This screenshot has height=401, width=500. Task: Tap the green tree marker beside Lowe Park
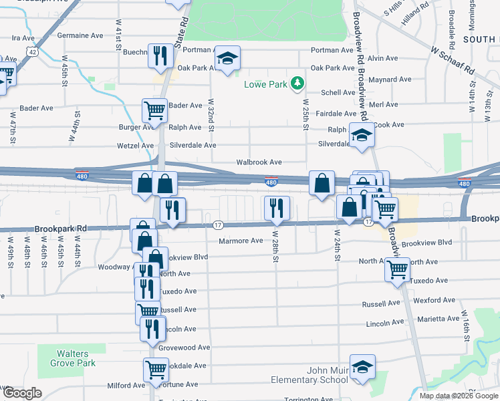(297, 84)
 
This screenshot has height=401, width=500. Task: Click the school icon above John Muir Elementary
(362, 367)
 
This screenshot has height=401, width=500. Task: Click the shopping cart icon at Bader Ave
(154, 111)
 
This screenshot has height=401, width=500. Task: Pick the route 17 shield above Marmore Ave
(218, 225)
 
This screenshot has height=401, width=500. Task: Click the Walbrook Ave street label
(259, 162)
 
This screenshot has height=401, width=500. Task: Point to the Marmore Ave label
(240, 241)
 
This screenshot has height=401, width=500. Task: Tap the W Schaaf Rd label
(452, 60)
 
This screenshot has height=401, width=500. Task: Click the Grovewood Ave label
(189, 348)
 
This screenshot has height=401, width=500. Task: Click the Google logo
(22, 393)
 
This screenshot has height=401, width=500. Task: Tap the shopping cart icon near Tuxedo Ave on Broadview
(397, 269)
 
